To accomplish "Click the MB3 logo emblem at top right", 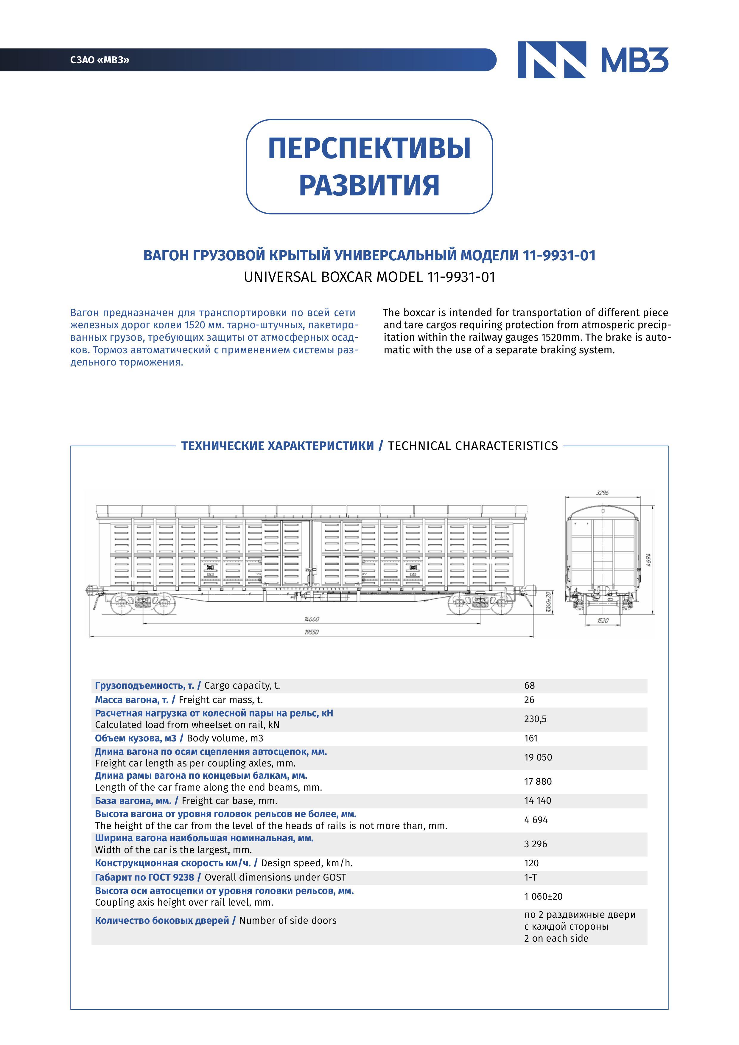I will (552, 60).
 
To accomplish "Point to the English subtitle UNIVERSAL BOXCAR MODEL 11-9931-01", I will (369, 277).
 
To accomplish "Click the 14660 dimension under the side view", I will (312, 619).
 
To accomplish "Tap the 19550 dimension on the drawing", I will (312, 632).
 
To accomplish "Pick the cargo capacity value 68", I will (529, 685).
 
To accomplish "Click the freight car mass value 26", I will (529, 700).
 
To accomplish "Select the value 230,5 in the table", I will (535, 719).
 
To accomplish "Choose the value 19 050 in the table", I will (538, 757).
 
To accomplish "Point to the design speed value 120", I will (531, 863).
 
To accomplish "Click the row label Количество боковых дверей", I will (161, 920).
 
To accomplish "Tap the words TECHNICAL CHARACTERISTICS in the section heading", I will (472, 446).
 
